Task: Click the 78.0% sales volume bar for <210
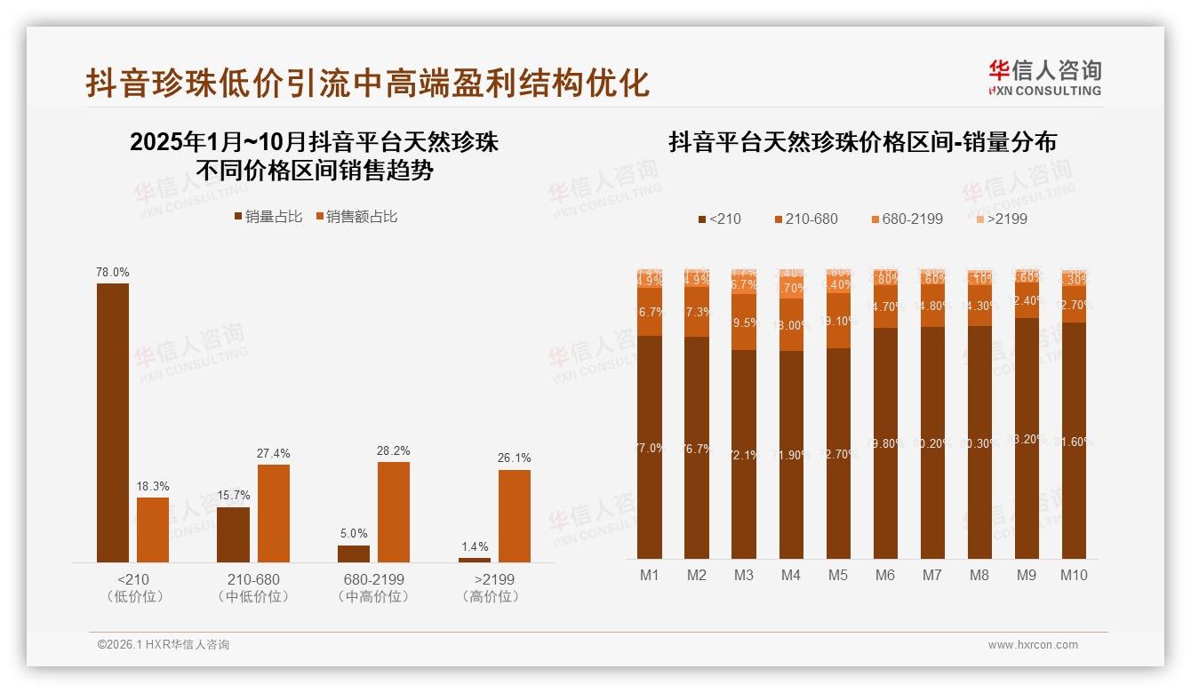click(x=112, y=422)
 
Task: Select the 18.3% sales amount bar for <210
click(x=153, y=530)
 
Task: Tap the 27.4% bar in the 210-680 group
click(x=274, y=513)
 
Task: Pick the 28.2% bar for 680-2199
click(x=394, y=512)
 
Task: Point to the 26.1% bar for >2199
click(x=514, y=515)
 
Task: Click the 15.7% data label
click(x=234, y=495)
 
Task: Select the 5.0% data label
click(x=353, y=533)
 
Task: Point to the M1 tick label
click(x=650, y=575)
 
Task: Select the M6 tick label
click(x=885, y=575)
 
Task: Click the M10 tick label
click(x=1074, y=575)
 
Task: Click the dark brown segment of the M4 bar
click(x=791, y=454)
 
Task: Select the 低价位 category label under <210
click(x=135, y=596)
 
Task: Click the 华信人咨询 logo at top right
click(x=1044, y=77)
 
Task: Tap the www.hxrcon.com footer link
click(x=1033, y=645)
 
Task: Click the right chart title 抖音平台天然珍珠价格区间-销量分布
click(x=862, y=142)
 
